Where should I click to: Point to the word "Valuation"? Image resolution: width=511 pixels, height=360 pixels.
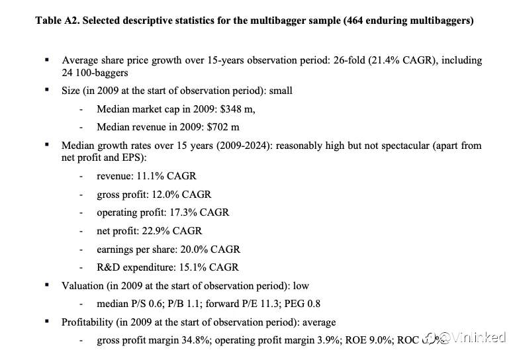(83, 286)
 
